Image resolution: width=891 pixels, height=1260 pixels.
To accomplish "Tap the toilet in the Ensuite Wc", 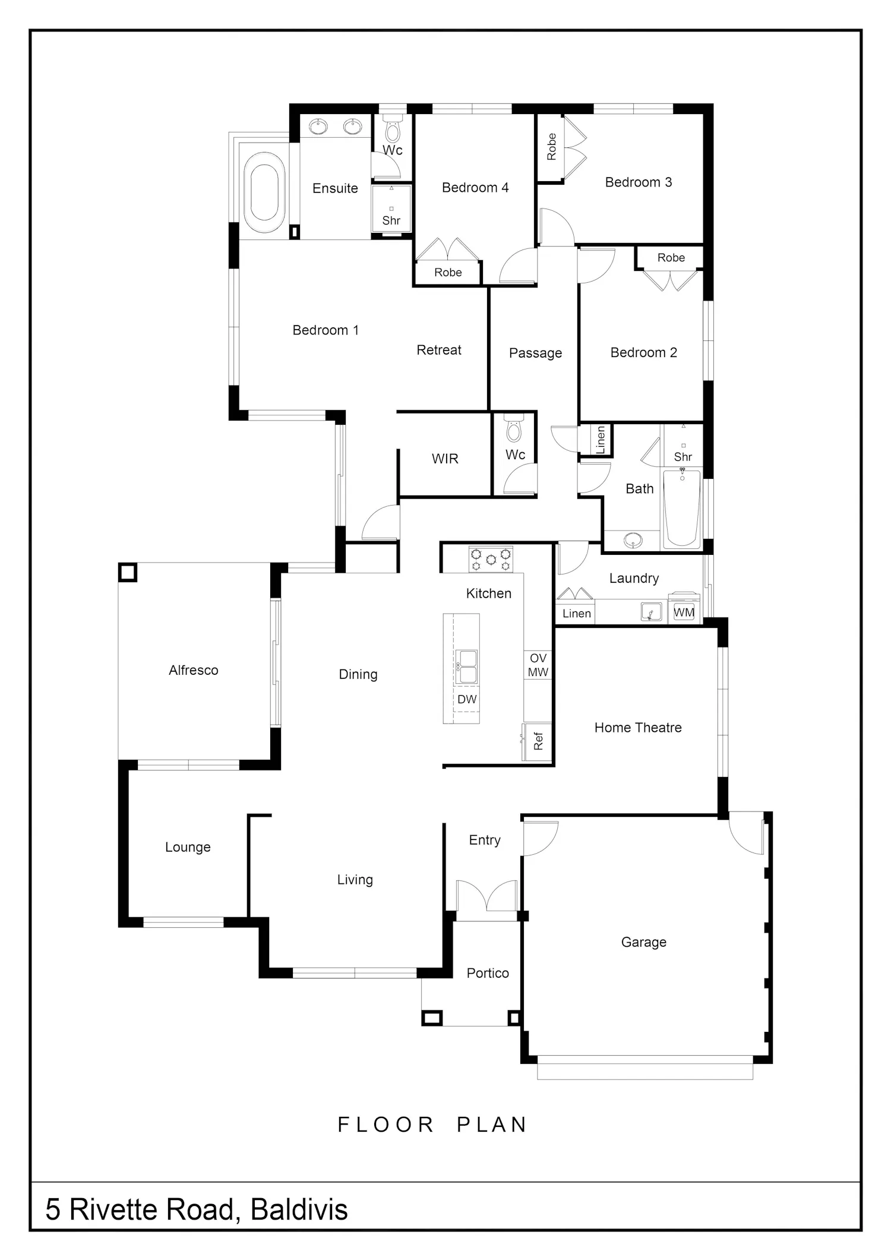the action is pyautogui.click(x=392, y=131).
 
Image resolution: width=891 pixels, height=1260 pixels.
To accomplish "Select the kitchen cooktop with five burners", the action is pyautogui.click(x=491, y=559).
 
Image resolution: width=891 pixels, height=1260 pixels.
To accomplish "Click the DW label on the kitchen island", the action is pyautogui.click(x=467, y=699).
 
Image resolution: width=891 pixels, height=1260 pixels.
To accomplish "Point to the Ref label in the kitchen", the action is pyautogui.click(x=538, y=741).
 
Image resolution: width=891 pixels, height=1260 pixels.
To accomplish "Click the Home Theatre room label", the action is pyautogui.click(x=638, y=728).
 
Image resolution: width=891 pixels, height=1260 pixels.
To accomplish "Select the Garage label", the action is pyautogui.click(x=644, y=942).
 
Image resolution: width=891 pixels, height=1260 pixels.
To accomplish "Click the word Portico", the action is pyautogui.click(x=488, y=973).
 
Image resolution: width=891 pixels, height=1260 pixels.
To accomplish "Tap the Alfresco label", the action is pyautogui.click(x=194, y=670).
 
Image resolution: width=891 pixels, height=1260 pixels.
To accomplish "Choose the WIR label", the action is pyautogui.click(x=445, y=459).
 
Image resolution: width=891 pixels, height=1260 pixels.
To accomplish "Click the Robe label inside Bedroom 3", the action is pyautogui.click(x=552, y=146).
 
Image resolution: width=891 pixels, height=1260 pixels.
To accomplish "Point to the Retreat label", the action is pyautogui.click(x=439, y=350).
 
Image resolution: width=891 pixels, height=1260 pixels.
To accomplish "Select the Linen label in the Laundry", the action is pyautogui.click(x=577, y=614).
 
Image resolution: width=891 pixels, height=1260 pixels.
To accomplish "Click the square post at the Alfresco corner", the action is pyautogui.click(x=127, y=572).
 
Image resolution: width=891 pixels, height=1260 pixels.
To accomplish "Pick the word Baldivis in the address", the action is pyautogui.click(x=299, y=1210).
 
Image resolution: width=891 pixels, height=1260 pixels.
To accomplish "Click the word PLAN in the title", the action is pyautogui.click(x=492, y=1125).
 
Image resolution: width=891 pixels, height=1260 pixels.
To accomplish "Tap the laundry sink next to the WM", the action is pyautogui.click(x=652, y=612).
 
